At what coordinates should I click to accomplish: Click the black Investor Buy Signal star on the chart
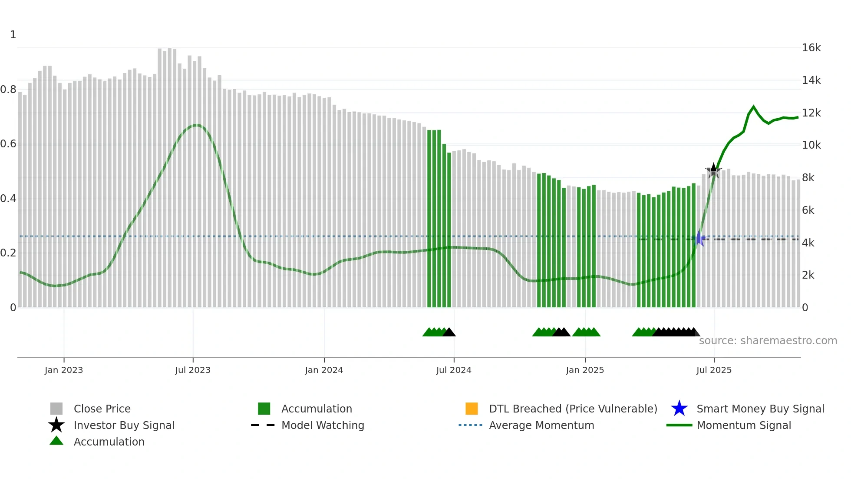coord(713,171)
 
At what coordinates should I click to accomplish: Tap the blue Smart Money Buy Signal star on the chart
coord(699,239)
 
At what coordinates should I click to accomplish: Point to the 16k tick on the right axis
coord(811,48)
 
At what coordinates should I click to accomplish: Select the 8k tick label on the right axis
coord(808,178)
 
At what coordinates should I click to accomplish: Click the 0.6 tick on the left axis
coord(8,144)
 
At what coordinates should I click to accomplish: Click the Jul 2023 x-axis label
coord(193,370)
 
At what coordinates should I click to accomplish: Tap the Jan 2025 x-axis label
coord(585,370)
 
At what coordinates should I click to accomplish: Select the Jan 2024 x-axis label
coord(324,370)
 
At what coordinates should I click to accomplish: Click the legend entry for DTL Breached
coord(573,409)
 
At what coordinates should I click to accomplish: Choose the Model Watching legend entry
coord(323,425)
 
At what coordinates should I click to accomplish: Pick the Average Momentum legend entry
coord(541,425)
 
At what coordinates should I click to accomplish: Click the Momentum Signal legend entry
coord(744,425)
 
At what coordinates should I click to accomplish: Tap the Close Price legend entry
coord(102,409)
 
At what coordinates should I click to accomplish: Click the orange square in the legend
coord(472,409)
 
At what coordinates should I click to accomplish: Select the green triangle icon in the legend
coord(56,441)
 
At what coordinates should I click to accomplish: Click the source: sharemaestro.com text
coord(768,340)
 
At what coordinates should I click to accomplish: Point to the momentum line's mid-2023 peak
coord(197,125)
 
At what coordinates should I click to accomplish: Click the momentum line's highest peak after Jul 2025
coord(753,106)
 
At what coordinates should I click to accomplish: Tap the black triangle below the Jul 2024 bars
coord(449,333)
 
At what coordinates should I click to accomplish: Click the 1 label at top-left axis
coord(13,35)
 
